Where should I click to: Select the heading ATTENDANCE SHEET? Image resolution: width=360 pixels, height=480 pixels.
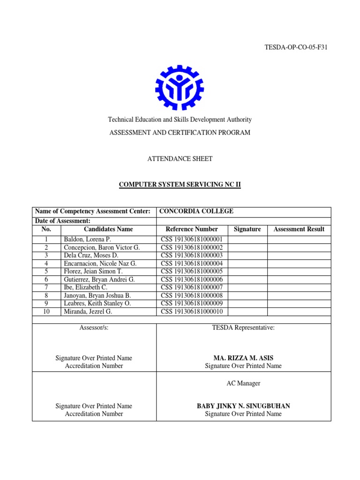(180, 159)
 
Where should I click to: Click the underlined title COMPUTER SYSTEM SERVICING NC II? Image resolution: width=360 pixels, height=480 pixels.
(180, 185)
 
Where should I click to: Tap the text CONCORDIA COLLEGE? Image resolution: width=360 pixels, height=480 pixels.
(196, 211)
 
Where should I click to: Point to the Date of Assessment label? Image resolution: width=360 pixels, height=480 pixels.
(63, 221)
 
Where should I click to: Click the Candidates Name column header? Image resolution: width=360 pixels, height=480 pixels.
(108, 229)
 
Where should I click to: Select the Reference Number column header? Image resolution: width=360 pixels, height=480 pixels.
(192, 229)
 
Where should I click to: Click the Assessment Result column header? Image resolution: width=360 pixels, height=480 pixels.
(299, 229)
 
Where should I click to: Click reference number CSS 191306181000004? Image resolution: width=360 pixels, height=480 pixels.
(192, 263)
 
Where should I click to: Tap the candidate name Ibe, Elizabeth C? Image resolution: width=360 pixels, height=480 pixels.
(85, 287)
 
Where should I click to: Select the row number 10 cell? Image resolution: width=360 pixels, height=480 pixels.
(46, 311)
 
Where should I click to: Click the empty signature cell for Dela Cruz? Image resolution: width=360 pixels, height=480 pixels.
(247, 255)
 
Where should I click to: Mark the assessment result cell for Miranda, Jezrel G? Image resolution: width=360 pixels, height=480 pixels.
(299, 311)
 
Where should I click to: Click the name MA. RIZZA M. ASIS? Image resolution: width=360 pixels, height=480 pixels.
(243, 358)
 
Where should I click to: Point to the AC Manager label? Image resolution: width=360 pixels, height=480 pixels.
(243, 383)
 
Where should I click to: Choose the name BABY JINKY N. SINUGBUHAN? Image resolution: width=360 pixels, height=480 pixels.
(243, 406)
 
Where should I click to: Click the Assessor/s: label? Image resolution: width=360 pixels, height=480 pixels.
(94, 328)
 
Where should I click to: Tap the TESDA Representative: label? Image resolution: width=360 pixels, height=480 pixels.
(243, 328)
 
